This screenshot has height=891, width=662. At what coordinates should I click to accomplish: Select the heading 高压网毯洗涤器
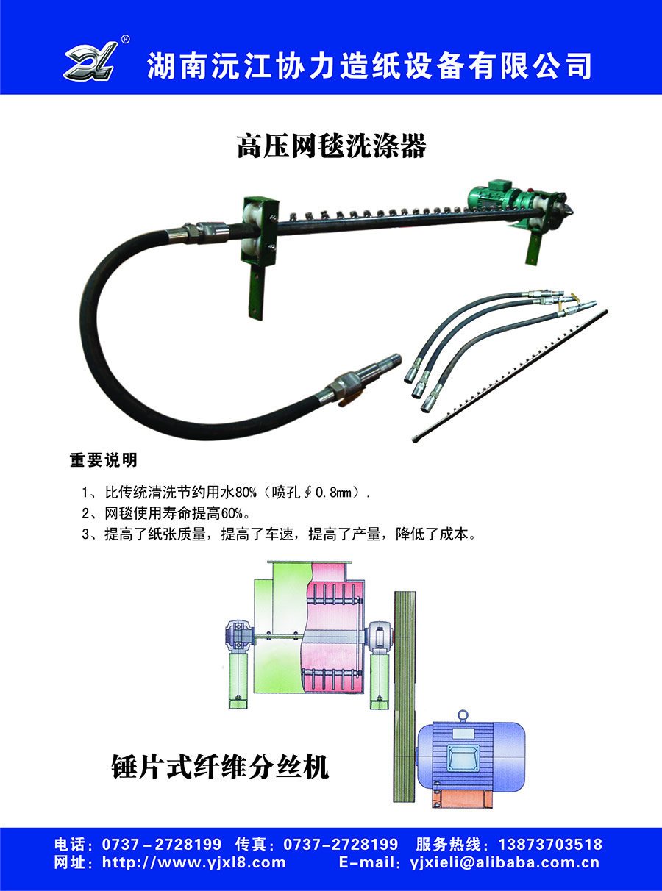(x=331, y=146)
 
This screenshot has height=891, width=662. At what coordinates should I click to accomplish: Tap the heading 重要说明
(x=104, y=460)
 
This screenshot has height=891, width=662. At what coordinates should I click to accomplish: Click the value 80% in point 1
(x=246, y=493)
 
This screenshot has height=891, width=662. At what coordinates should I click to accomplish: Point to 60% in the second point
(x=232, y=513)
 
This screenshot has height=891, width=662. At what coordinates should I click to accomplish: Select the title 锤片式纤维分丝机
(x=220, y=767)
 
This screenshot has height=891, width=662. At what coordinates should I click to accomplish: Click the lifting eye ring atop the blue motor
(x=463, y=715)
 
